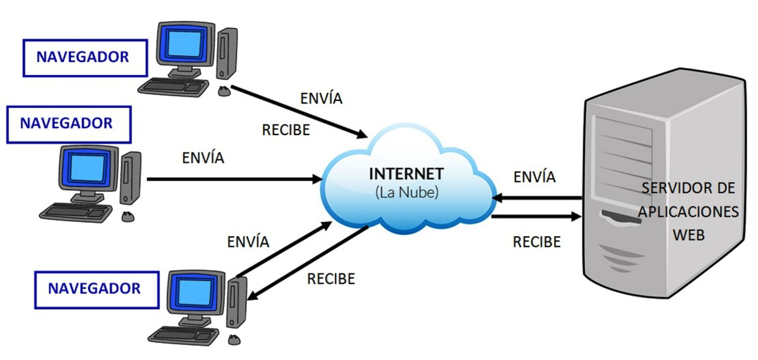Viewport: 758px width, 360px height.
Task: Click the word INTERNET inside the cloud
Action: [407, 174]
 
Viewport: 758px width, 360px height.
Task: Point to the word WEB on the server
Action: [689, 235]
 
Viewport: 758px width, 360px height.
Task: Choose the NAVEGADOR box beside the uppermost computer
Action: [83, 57]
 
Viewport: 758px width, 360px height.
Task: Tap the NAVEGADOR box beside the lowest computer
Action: [95, 289]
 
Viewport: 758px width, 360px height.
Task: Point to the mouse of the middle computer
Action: [128, 217]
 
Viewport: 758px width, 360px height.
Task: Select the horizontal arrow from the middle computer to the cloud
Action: [234, 179]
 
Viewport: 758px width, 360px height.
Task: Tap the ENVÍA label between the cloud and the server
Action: [535, 177]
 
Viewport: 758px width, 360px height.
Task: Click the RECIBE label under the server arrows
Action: [537, 242]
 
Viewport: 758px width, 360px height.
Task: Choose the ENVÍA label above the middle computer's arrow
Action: [203, 157]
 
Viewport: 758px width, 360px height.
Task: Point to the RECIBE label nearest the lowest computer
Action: [331, 279]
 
